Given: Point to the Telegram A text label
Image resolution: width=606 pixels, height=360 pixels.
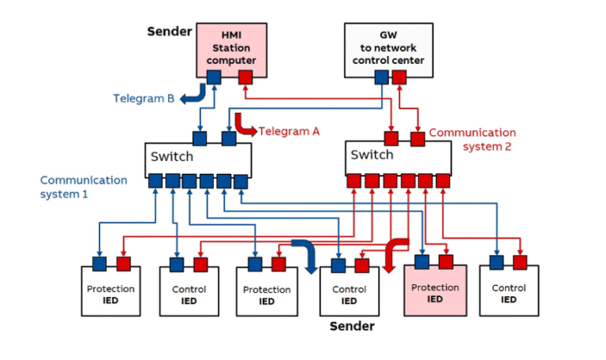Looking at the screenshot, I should click(x=289, y=132).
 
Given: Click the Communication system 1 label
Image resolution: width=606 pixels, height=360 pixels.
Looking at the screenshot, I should click(x=84, y=186).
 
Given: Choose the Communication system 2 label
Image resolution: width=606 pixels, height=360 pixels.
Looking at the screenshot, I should click(x=472, y=140).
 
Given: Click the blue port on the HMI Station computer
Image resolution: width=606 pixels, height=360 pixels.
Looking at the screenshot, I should click(x=214, y=77).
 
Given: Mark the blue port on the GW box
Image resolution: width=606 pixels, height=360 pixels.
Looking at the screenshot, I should click(x=382, y=77).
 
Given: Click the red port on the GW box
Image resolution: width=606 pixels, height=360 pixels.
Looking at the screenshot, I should click(x=399, y=77).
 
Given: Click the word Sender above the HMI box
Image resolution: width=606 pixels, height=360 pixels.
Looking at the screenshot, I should click(x=169, y=32).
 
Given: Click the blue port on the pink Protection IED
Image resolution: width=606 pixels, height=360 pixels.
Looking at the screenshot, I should click(x=423, y=262).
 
